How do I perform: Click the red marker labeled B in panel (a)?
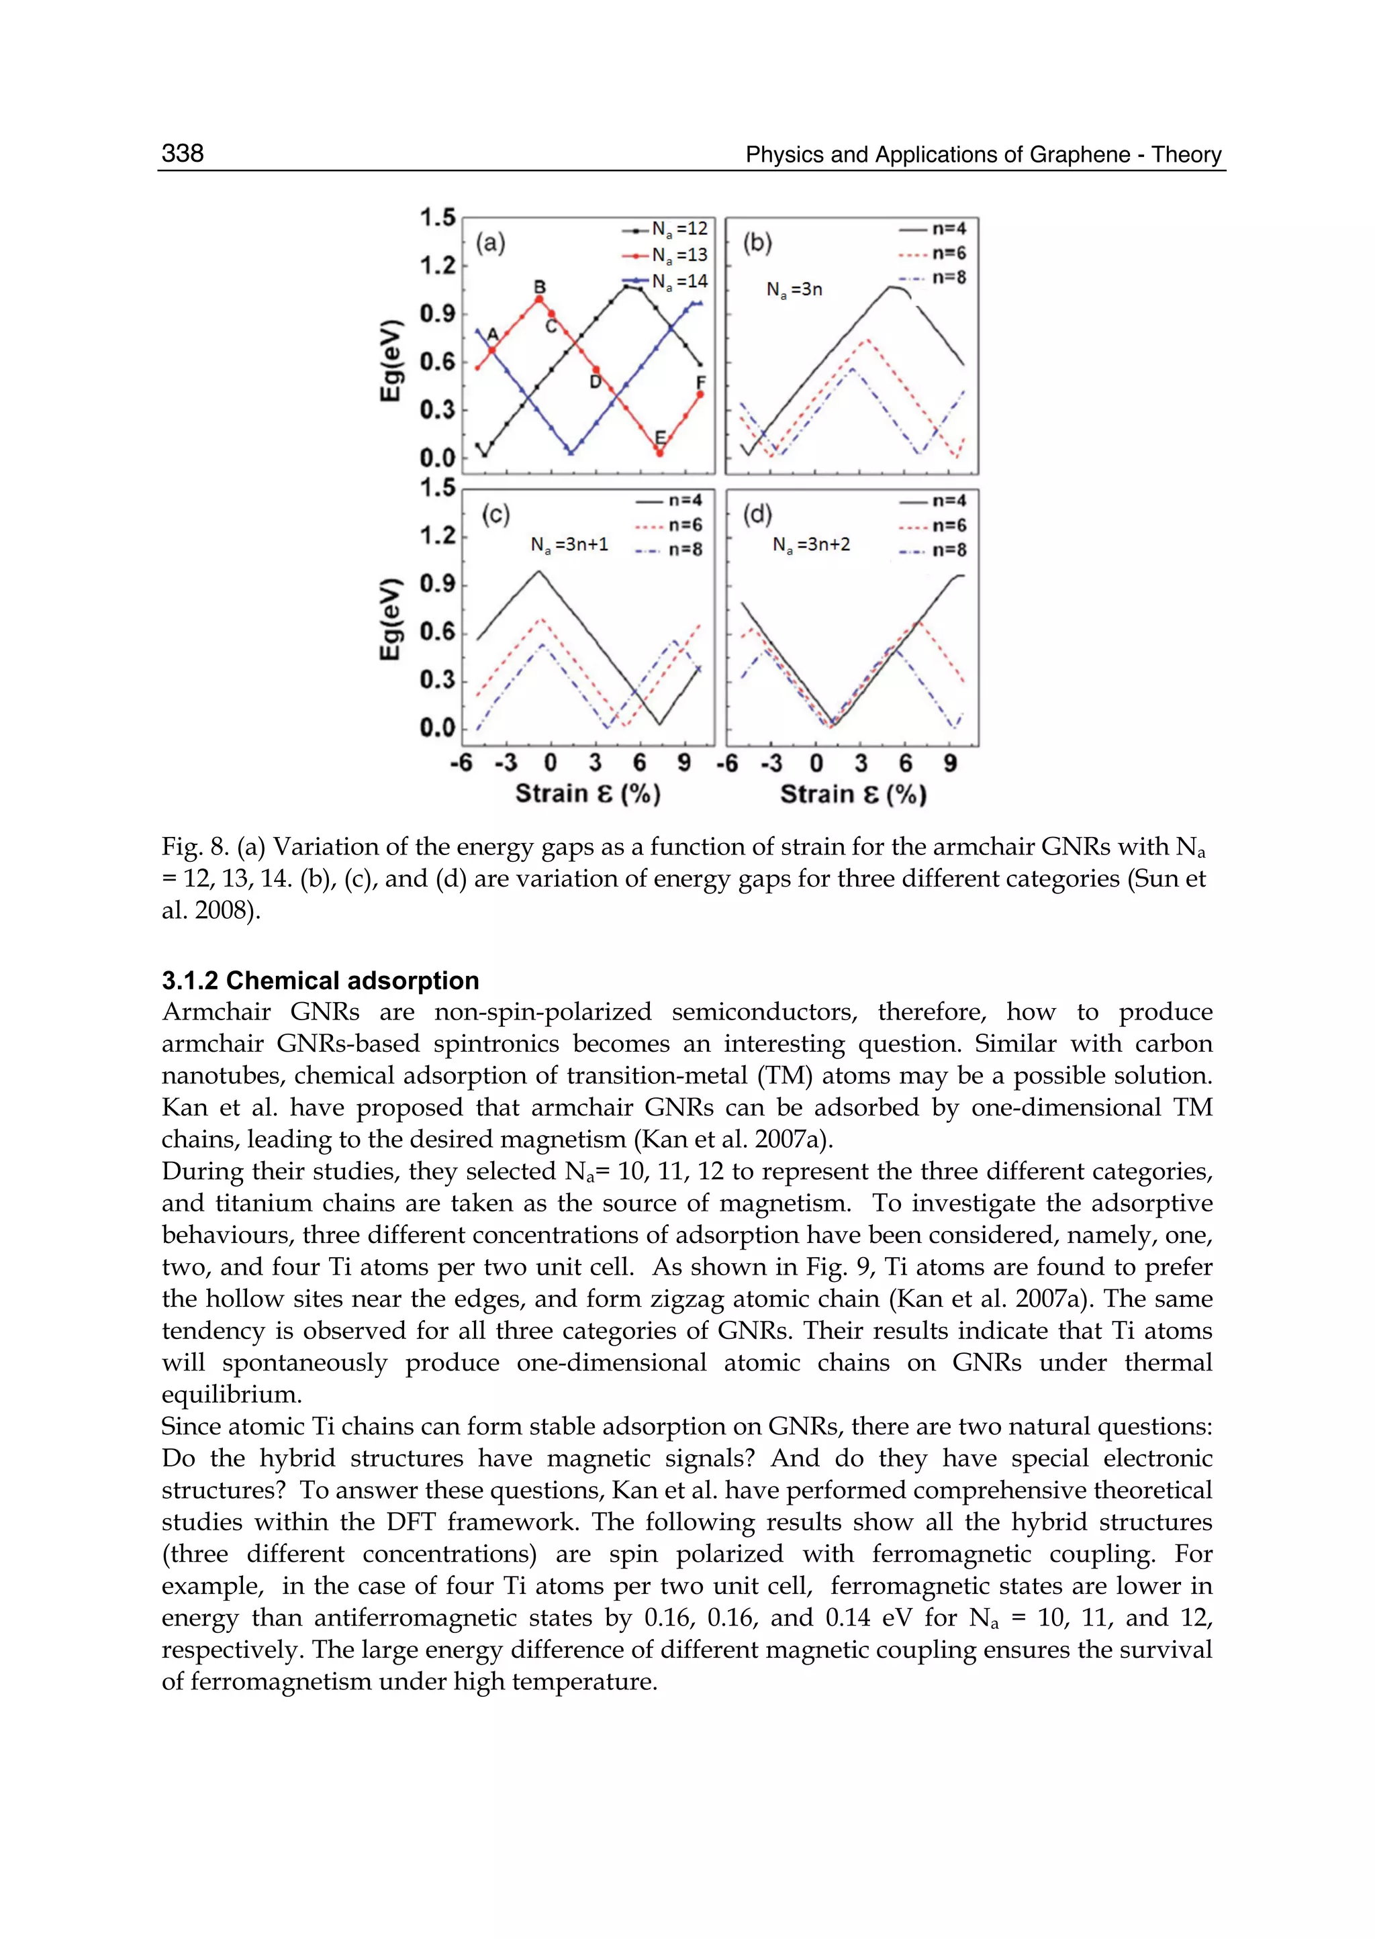538,299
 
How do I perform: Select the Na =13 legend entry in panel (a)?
665,255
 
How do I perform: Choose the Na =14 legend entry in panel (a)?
665,281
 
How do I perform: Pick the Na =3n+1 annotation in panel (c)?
569,545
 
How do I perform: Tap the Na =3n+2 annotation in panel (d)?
811,545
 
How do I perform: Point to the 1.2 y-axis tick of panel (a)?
438,266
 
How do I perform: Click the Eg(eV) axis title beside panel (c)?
389,619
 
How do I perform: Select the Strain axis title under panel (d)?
853,794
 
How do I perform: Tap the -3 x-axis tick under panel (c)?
506,763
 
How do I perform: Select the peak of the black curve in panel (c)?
538,571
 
